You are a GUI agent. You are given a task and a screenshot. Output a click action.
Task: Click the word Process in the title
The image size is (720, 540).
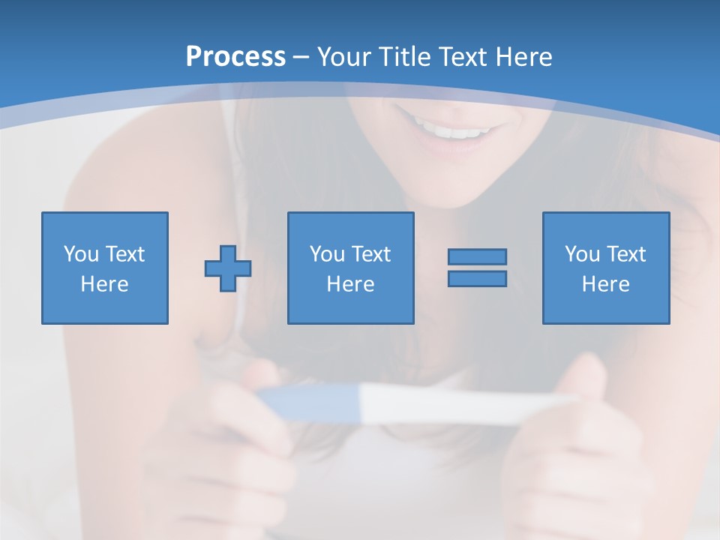235,57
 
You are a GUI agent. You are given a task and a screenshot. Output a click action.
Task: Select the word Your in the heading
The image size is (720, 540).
344,57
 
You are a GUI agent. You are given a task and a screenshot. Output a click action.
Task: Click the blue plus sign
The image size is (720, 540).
228,268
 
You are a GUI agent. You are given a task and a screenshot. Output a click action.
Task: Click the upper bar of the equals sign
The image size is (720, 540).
477,256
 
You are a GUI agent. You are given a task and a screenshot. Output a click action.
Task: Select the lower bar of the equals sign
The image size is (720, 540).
477,278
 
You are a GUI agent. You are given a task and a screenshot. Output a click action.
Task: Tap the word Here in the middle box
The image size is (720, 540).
350,284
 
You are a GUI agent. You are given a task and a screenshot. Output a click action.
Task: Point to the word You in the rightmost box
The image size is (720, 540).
582,254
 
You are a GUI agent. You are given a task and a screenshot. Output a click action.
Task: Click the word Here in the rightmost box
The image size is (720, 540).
605,284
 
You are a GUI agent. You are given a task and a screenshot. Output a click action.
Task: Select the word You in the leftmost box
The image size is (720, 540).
81,254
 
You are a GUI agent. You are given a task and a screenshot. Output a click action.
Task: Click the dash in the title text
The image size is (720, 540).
301,57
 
